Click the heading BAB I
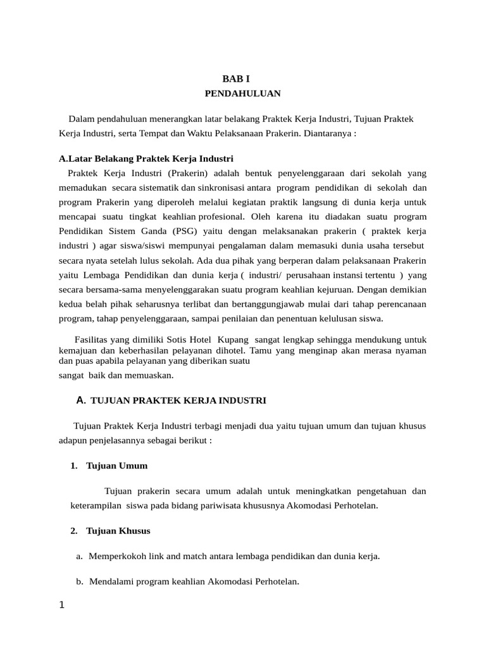coord(236,79)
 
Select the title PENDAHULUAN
coord(242,94)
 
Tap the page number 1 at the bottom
coord(61,605)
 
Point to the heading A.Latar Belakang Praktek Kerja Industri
coord(146,158)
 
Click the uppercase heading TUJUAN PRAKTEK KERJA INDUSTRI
coord(179,401)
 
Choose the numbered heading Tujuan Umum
coord(117,466)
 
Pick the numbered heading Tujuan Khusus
coord(118,530)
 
